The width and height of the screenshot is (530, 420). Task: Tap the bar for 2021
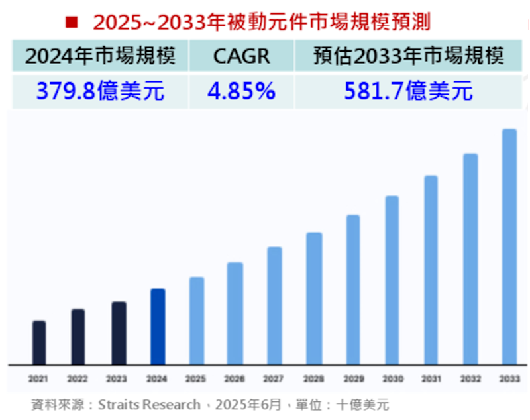point(39,342)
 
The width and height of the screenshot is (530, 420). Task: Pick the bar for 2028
point(314,298)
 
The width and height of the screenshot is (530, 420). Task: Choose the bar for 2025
point(197,321)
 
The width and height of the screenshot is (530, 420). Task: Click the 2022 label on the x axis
point(78,379)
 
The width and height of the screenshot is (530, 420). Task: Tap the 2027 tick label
point(274,379)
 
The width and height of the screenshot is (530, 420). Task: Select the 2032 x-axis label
point(470,379)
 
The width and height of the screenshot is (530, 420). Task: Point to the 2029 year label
point(353,379)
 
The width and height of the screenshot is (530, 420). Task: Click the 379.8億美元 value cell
point(100,91)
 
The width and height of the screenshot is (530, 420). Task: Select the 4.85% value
point(241,91)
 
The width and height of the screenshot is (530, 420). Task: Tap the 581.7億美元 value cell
point(408,91)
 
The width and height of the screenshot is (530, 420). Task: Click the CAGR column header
point(241,56)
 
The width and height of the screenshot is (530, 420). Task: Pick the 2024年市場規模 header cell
point(100,56)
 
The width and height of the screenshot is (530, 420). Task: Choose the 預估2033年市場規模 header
point(408,56)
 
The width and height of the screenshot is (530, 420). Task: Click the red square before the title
point(72,22)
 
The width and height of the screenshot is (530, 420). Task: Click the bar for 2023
point(119,333)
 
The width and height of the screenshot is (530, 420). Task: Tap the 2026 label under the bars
point(235,379)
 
